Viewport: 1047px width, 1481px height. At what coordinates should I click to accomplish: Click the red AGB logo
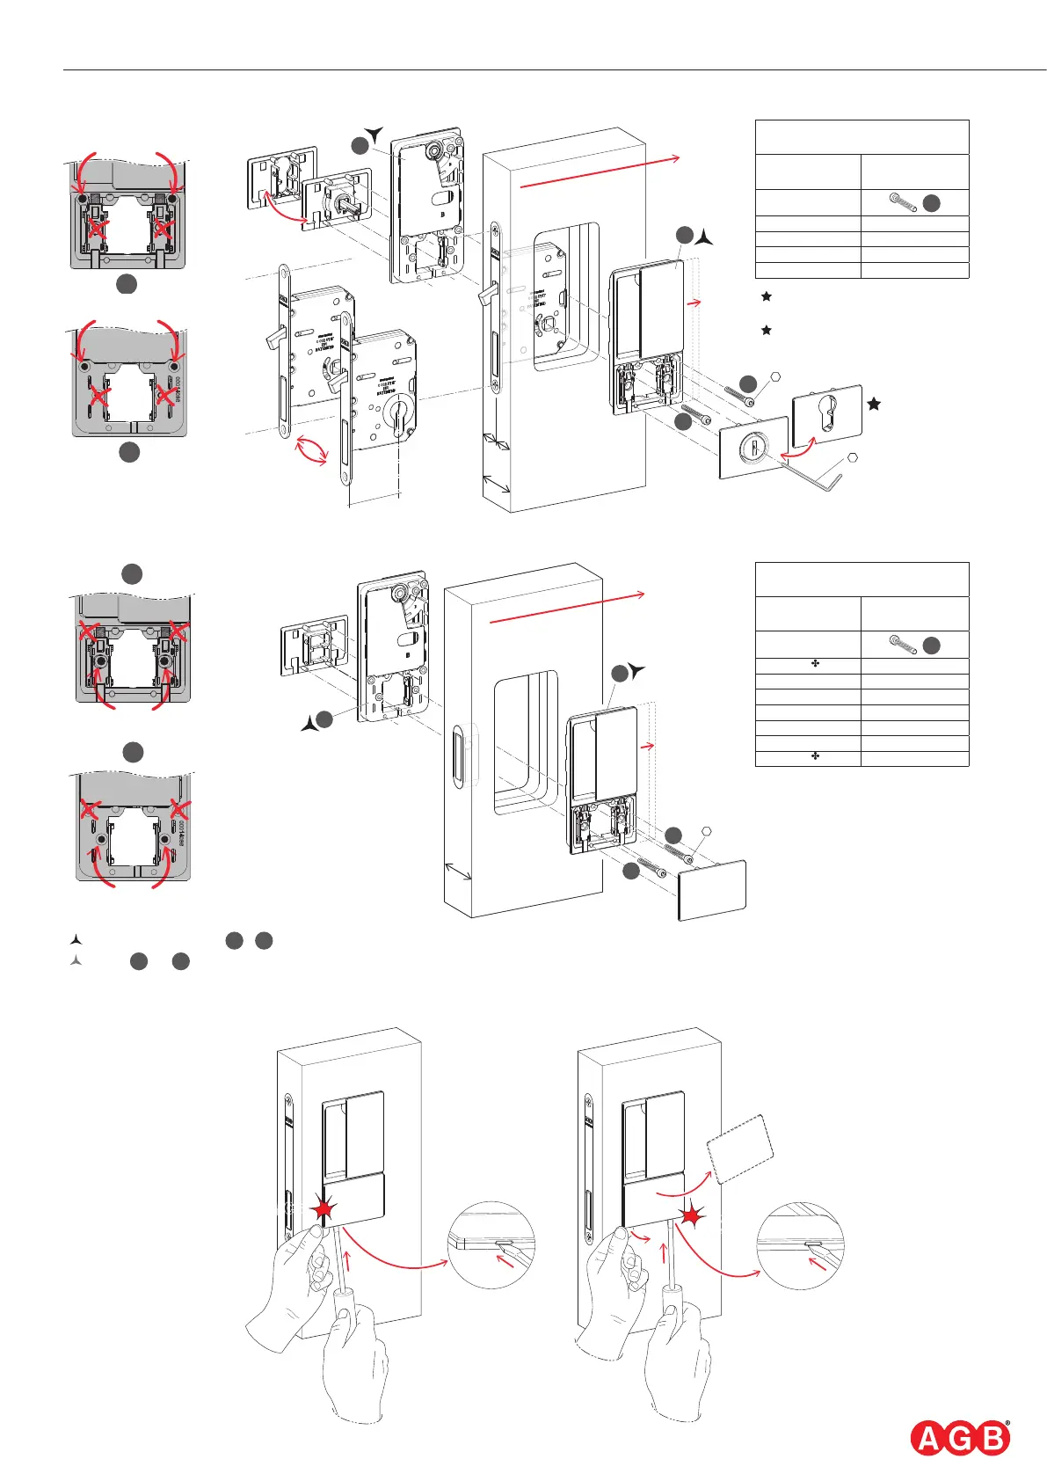[x=959, y=1439]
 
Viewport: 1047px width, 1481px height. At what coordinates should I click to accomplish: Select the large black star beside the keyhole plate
[x=874, y=404]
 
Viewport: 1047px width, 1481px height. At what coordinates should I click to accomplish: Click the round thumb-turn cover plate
[x=753, y=448]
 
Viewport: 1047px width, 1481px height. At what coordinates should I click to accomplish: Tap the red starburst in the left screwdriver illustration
[x=324, y=1210]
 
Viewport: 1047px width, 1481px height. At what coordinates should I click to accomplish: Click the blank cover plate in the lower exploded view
[x=712, y=890]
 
